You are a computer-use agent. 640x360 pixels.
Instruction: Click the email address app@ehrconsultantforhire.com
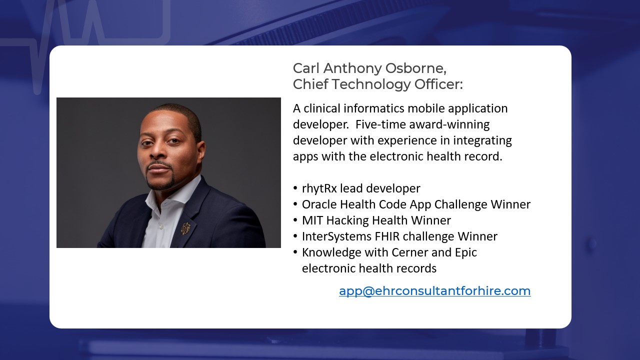tap(435, 291)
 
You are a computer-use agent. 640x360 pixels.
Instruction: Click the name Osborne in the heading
tap(415, 68)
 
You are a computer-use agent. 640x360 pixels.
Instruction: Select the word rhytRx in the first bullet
tap(319, 189)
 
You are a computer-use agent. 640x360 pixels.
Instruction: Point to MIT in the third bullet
tap(312, 220)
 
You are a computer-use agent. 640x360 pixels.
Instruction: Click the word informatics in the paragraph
tap(373, 108)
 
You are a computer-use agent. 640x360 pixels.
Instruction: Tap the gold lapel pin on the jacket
tap(185, 228)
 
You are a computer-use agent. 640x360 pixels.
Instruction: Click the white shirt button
tap(161, 226)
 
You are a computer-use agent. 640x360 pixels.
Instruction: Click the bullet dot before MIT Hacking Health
tap(295, 220)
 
